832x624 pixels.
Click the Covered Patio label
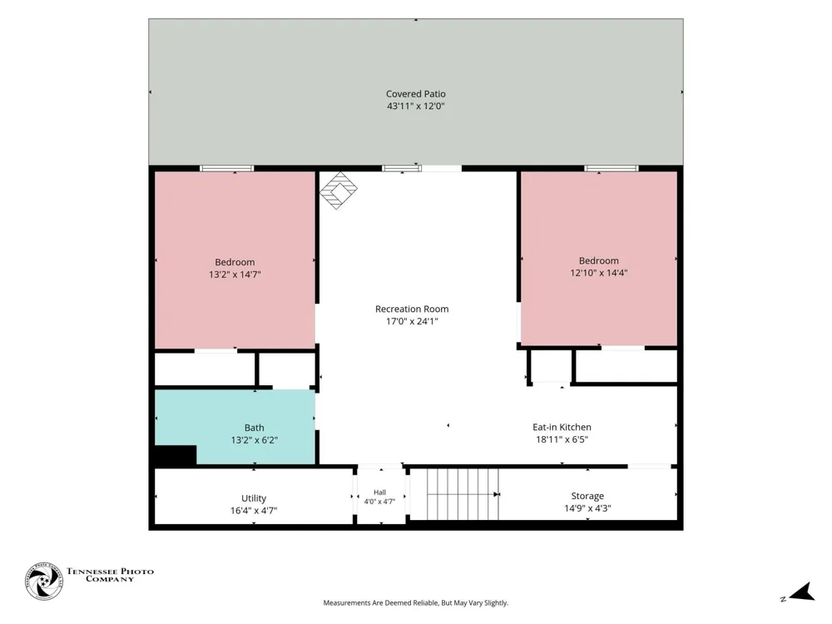tap(415, 94)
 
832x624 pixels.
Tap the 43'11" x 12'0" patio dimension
tap(415, 106)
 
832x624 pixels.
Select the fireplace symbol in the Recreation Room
tap(339, 190)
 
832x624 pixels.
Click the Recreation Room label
tap(412, 309)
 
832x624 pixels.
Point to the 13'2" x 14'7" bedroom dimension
tap(235, 275)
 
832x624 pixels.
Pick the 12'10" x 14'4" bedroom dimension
tap(598, 273)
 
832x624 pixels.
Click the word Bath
tap(254, 428)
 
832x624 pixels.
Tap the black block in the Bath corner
tap(176, 455)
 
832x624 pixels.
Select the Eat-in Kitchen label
tap(562, 427)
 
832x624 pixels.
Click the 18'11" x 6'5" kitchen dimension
tap(562, 439)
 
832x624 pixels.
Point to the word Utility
tap(254, 498)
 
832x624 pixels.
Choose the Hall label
tap(379, 493)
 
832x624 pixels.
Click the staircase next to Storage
tap(463, 494)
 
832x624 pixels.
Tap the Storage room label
tap(587, 496)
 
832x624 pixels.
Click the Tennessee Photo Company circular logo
tap(44, 581)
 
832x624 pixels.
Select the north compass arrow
tap(802, 592)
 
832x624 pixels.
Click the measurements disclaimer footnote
tap(415, 602)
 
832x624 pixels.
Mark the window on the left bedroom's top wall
tap(227, 169)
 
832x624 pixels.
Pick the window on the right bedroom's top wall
tap(612, 169)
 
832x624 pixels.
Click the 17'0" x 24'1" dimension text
tap(412, 321)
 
